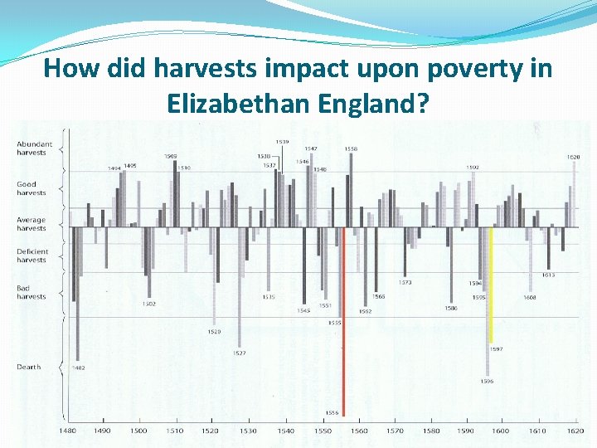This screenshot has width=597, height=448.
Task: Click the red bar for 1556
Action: (x=343, y=324)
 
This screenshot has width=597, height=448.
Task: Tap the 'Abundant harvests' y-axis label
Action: (x=34, y=148)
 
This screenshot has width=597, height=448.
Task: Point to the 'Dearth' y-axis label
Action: (x=28, y=367)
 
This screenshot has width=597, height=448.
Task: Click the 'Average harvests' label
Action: (x=32, y=224)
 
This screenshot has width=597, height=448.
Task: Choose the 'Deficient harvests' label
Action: (x=32, y=256)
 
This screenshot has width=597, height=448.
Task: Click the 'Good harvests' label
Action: (x=32, y=188)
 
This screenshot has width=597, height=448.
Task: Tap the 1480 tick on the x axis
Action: (x=67, y=431)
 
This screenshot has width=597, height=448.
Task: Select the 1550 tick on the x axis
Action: (x=322, y=431)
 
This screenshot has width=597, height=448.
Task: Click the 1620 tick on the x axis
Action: (x=575, y=431)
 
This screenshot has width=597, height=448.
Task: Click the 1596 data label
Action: (x=487, y=382)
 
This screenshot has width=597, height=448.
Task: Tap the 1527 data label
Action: (x=239, y=353)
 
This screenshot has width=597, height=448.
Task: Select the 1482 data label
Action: (x=78, y=368)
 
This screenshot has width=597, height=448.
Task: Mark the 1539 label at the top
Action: (x=283, y=141)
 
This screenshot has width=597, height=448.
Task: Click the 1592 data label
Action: (x=472, y=168)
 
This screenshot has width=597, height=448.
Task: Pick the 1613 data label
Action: (x=548, y=275)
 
